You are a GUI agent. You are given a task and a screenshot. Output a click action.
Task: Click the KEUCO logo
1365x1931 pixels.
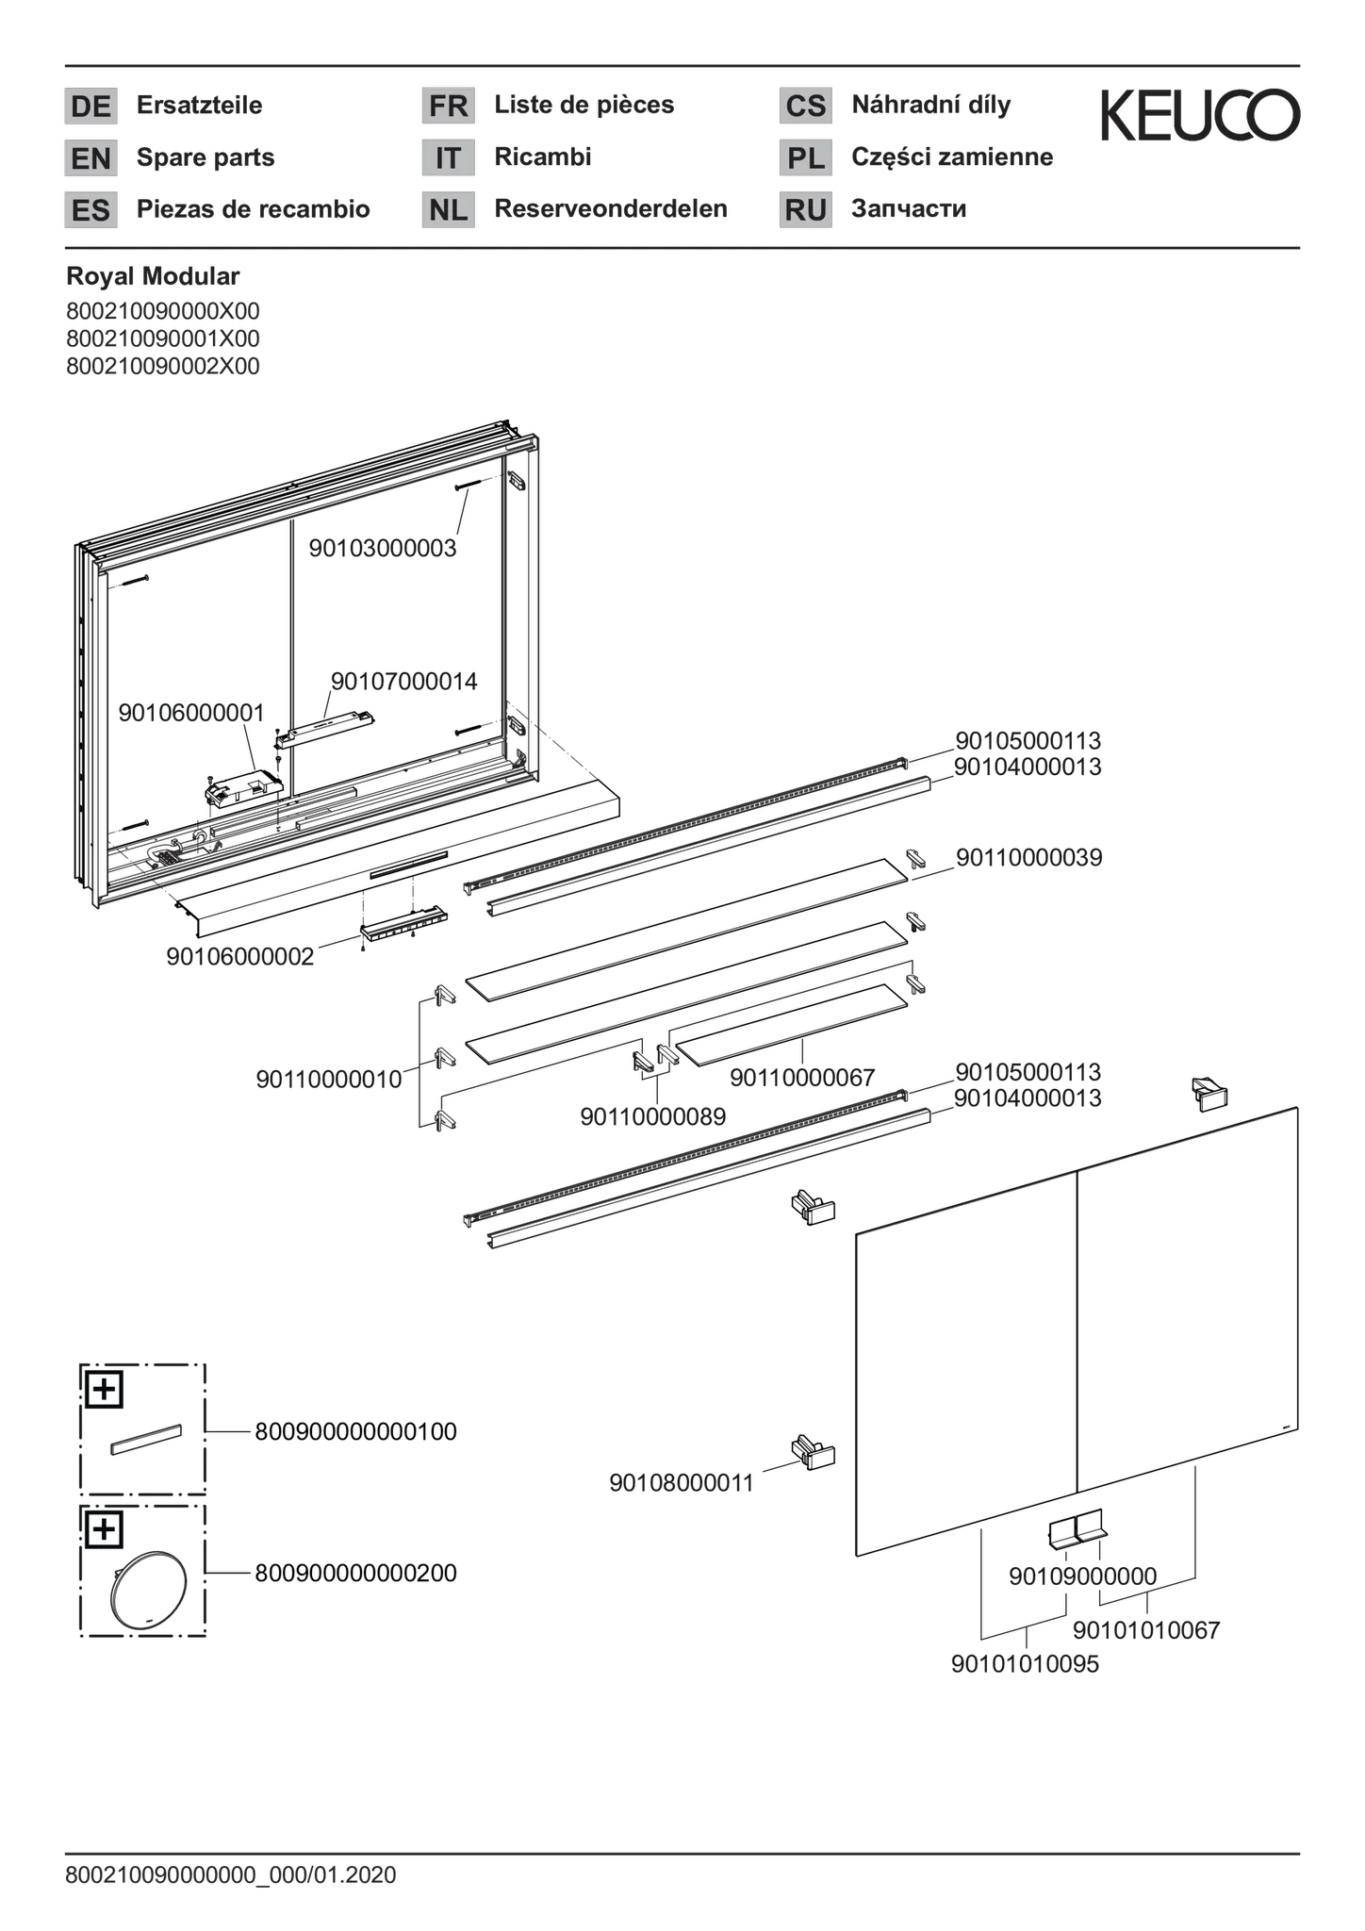[x=1201, y=116]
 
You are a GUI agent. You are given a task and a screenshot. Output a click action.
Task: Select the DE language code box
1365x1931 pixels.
[x=90, y=106]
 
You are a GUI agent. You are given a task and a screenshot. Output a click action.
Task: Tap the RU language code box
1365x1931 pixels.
[x=806, y=210]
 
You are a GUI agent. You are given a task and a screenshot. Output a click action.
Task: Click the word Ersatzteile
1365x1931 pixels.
[x=199, y=105]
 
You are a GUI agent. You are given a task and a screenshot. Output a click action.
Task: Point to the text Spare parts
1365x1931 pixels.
[x=206, y=157]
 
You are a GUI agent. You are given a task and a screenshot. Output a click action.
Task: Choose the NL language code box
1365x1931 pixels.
[x=448, y=210]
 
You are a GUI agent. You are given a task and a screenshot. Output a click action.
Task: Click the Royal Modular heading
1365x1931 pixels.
[x=153, y=276]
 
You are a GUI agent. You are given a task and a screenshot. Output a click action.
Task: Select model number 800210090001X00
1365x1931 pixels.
[x=163, y=338]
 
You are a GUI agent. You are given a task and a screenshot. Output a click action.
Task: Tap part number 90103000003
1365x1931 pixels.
[x=383, y=548]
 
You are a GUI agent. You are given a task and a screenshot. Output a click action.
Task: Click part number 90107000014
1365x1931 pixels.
[x=403, y=682]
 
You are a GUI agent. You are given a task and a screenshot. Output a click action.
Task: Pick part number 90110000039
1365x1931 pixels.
[x=1028, y=858]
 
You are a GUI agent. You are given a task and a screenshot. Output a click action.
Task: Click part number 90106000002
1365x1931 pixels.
[x=240, y=957]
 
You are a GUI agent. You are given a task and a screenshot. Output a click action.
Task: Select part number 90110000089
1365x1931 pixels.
[x=652, y=1117]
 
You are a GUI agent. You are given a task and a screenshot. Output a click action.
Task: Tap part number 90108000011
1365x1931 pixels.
[x=682, y=1483]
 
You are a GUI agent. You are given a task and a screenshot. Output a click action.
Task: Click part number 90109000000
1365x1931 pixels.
[x=1082, y=1576]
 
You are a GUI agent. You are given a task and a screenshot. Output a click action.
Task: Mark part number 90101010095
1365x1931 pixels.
[x=1025, y=1665]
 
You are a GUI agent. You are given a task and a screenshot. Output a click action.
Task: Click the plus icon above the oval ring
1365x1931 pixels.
[x=104, y=1529]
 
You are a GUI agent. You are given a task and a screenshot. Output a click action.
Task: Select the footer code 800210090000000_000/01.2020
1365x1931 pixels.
[x=231, y=1875]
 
